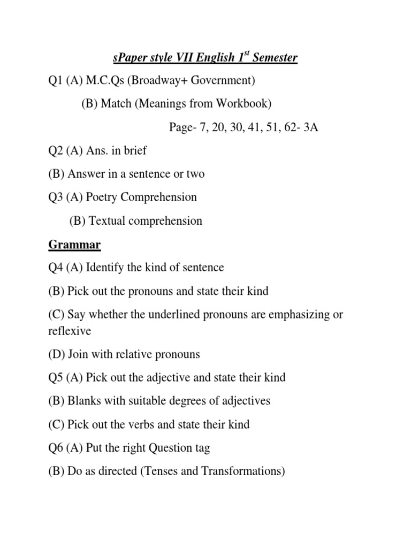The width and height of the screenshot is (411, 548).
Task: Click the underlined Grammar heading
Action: coord(74,244)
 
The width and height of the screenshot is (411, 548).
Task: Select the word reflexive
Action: coord(70,331)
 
